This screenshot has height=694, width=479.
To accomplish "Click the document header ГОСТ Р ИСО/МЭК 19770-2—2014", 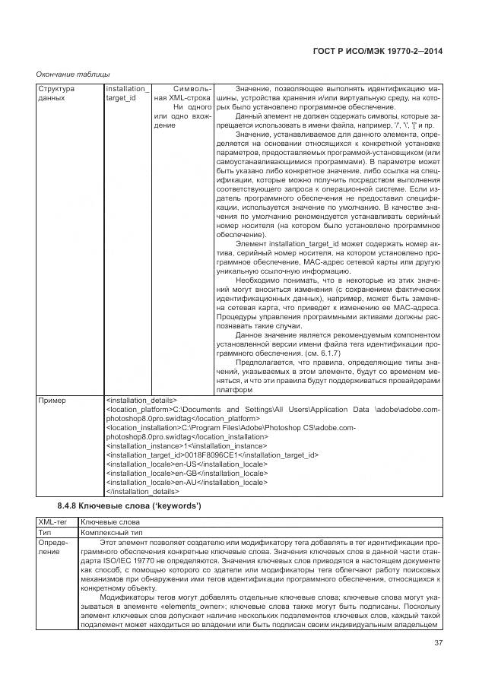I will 377,52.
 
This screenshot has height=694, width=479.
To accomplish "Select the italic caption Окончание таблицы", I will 73,74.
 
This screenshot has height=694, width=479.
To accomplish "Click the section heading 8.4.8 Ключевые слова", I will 128,506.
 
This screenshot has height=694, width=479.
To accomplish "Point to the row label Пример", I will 52,400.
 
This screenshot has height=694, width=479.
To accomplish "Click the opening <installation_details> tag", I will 141,400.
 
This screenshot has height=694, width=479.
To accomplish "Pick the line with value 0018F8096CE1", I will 211,455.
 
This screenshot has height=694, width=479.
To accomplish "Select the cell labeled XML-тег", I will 53,523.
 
